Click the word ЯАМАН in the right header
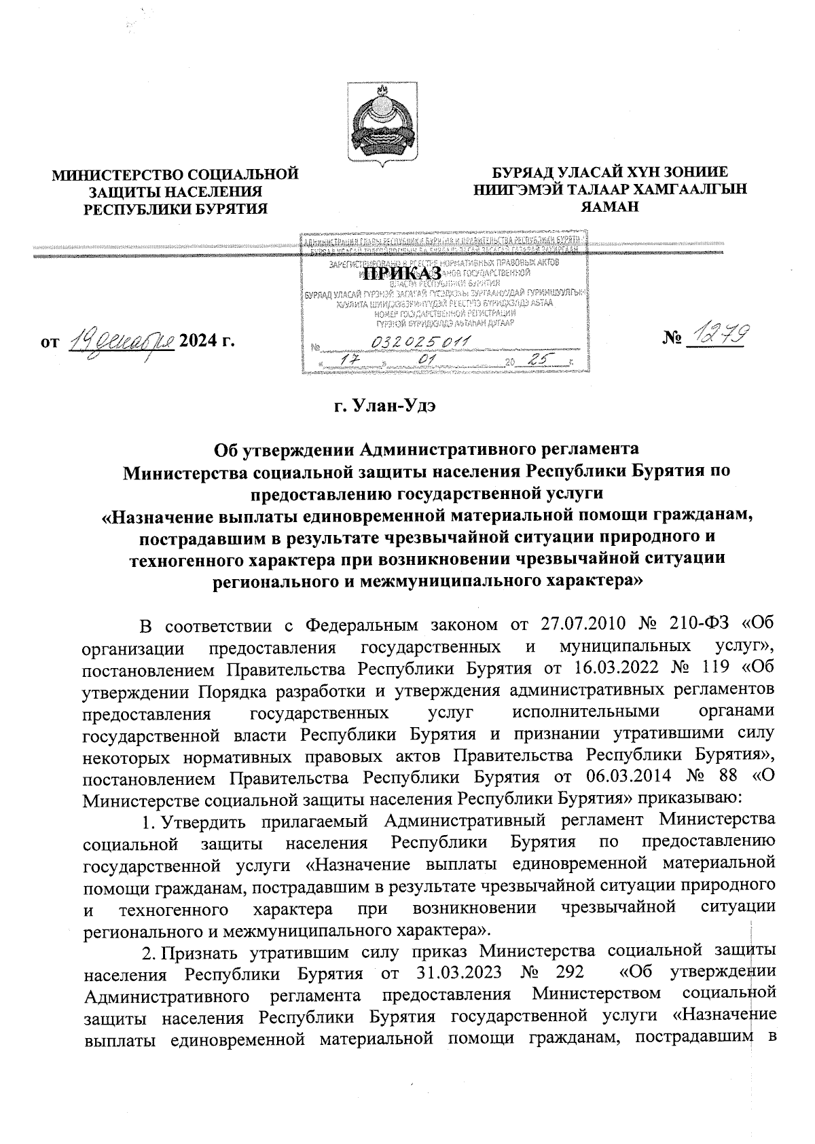(x=611, y=208)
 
